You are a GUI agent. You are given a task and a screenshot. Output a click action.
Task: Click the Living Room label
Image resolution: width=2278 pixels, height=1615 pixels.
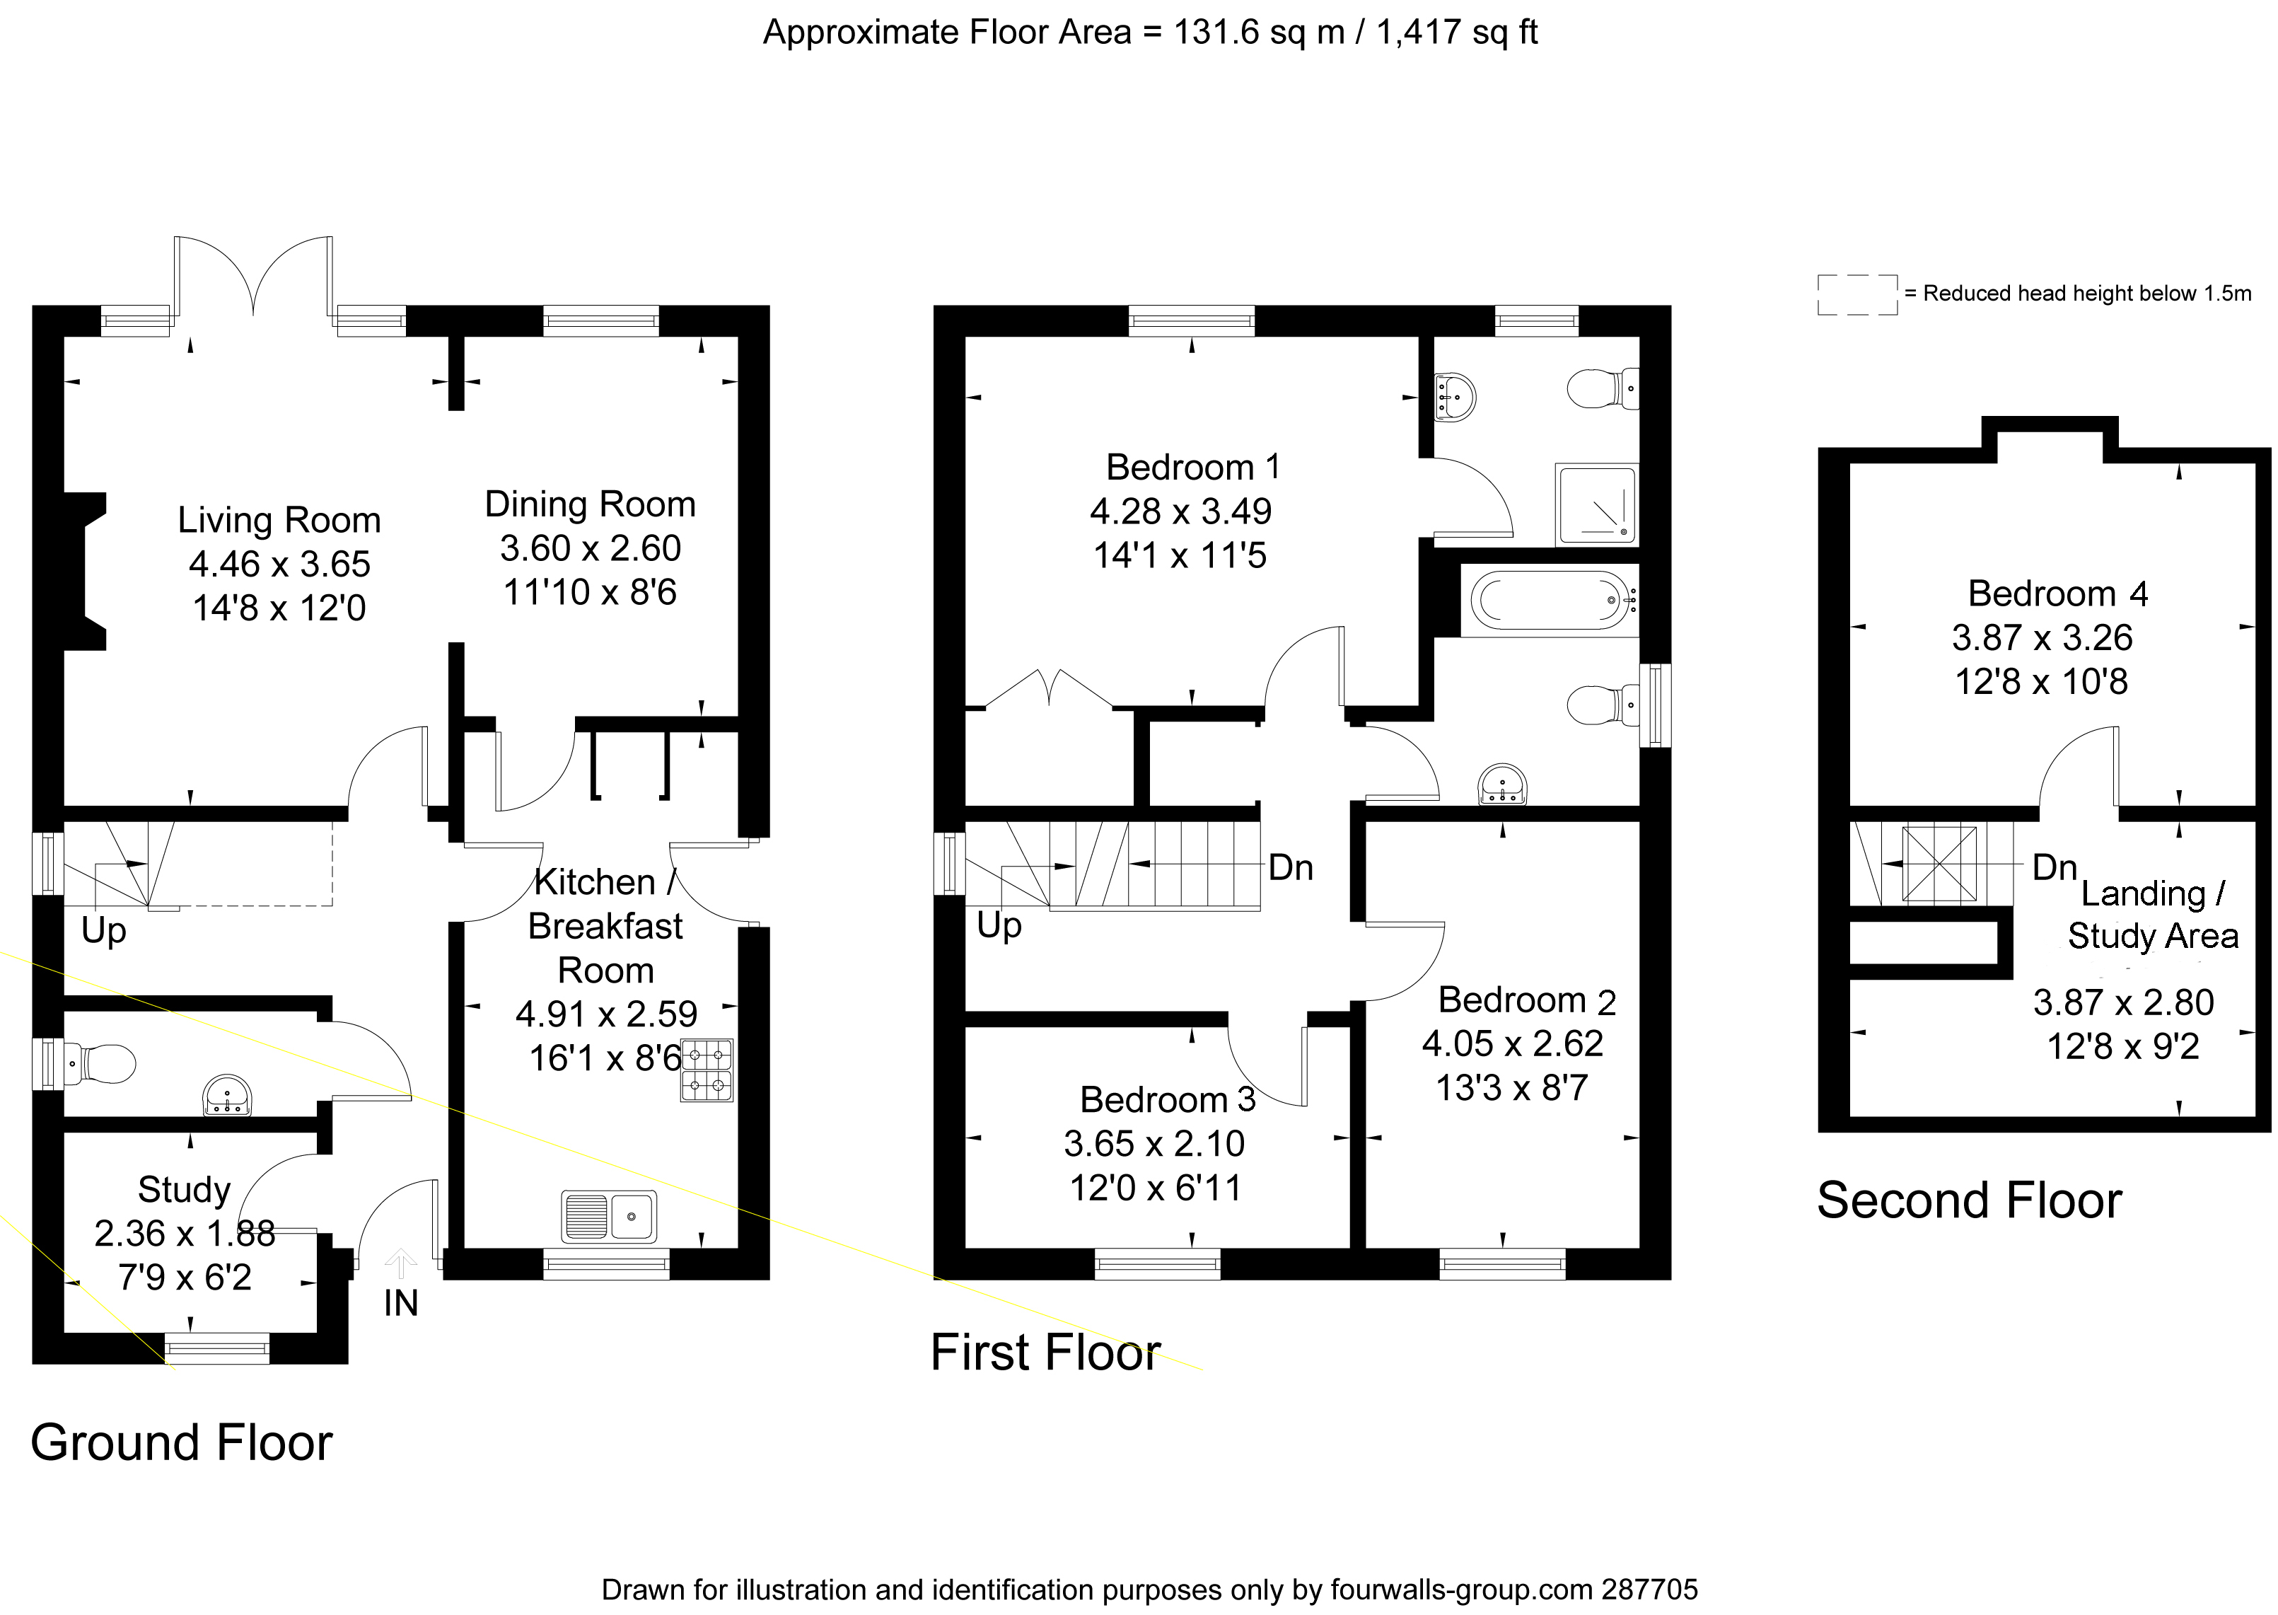[279, 520]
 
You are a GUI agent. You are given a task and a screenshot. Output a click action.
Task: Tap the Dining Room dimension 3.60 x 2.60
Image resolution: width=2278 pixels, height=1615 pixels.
[591, 548]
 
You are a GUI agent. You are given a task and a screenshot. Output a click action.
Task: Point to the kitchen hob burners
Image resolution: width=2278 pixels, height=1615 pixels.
[707, 1070]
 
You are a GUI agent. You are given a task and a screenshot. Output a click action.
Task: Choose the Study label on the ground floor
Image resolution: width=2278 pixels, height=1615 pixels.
[184, 1189]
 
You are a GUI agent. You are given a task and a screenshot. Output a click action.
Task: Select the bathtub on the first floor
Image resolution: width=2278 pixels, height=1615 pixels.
[1548, 601]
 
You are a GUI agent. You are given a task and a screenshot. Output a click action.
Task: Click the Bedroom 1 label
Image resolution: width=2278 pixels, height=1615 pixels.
[1192, 468]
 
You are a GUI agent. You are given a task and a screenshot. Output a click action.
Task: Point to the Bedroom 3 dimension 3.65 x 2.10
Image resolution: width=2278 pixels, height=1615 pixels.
[1154, 1144]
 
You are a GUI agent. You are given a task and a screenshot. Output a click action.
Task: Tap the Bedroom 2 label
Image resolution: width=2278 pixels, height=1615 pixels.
[1526, 1000]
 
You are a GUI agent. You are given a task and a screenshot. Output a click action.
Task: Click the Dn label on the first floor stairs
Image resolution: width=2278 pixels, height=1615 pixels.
[1291, 868]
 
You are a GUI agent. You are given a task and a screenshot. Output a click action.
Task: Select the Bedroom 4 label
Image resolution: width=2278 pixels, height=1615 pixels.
[2057, 594]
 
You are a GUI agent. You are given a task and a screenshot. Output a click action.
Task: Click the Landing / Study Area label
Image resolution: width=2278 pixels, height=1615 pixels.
[2153, 914]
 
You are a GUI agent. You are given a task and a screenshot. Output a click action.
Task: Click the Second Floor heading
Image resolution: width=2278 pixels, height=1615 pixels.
[1969, 1200]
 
